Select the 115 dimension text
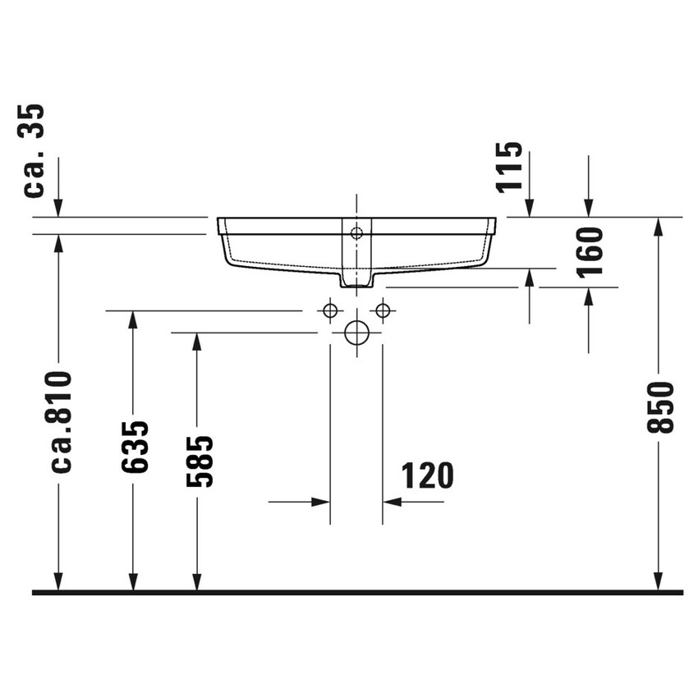click(x=509, y=167)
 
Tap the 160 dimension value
click(x=590, y=251)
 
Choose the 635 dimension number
click(x=134, y=447)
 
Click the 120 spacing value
click(x=426, y=475)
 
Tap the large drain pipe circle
click(x=356, y=333)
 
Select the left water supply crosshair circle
click(x=330, y=310)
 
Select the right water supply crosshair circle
click(x=383, y=310)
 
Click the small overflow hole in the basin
click(x=356, y=232)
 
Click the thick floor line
click(x=357, y=591)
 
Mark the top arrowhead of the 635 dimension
click(x=133, y=321)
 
